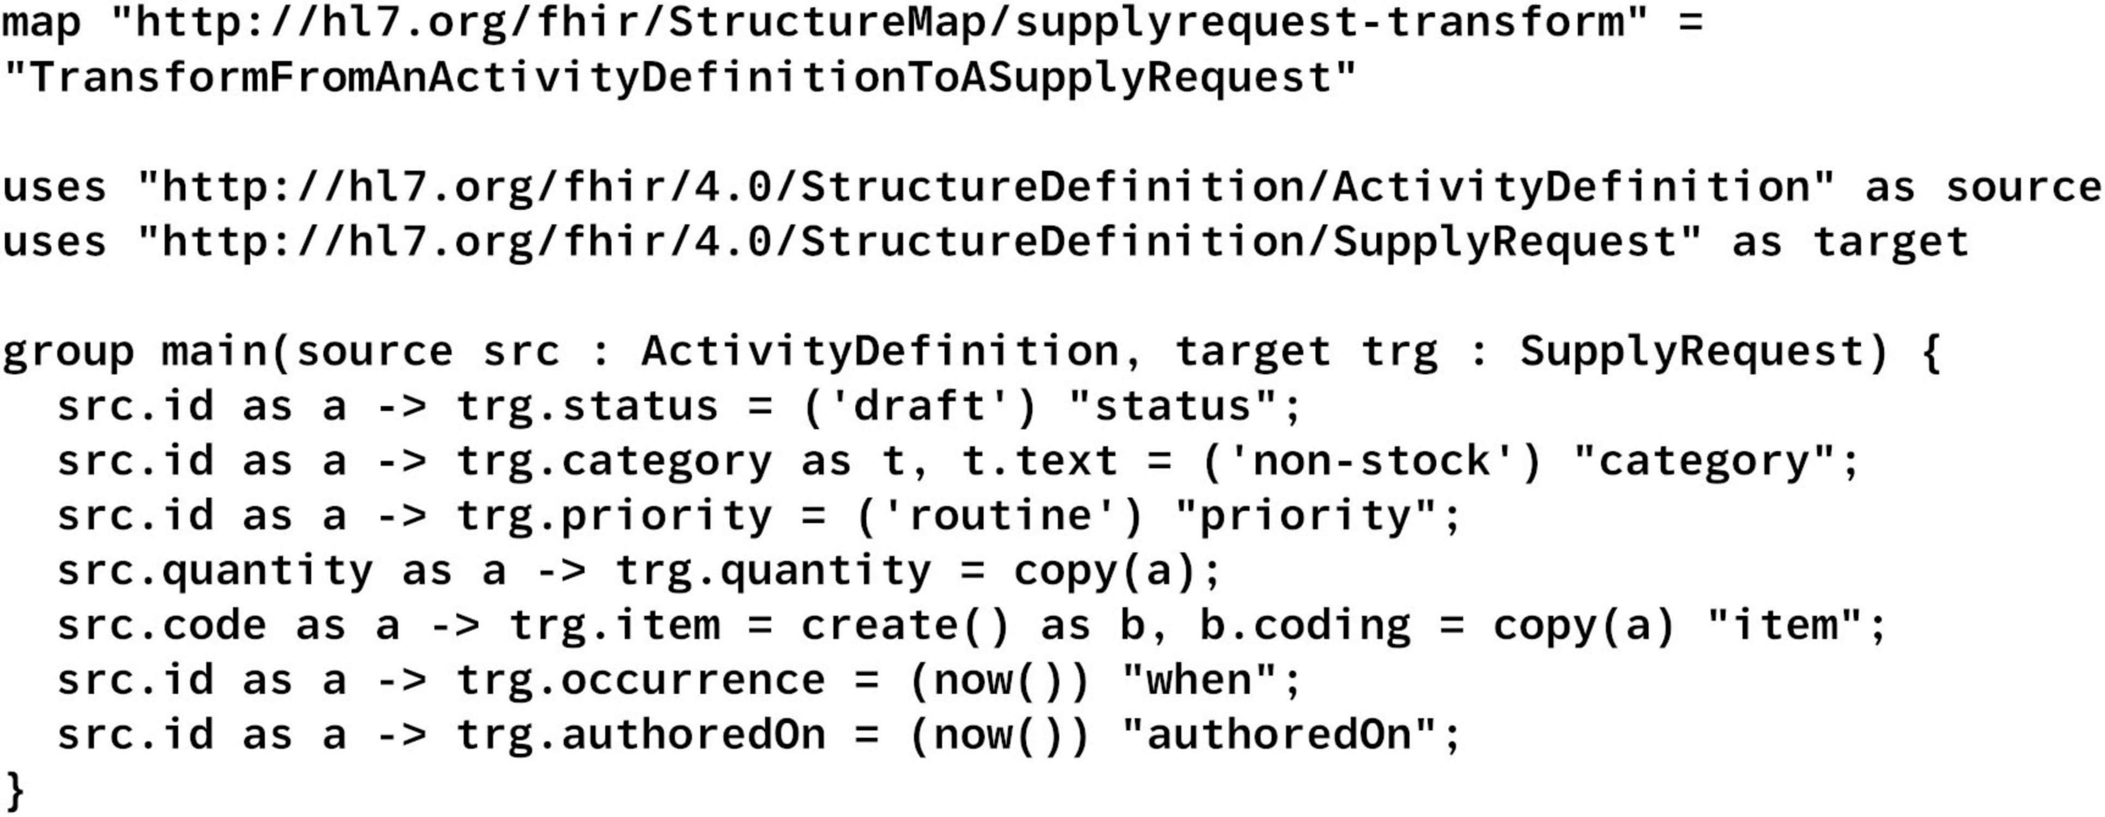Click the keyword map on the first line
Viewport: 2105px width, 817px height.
tap(41, 22)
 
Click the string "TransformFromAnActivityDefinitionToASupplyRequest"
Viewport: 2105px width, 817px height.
tap(678, 77)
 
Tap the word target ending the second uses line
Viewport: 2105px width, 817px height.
tap(1889, 242)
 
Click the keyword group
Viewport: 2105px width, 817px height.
tap(67, 352)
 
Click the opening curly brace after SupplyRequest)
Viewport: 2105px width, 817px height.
tap(1930, 352)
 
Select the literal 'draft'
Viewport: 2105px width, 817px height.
tap(920, 406)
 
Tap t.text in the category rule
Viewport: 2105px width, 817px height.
tap(1039, 461)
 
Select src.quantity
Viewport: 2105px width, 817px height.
tap(214, 570)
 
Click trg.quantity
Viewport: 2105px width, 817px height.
tap(773, 570)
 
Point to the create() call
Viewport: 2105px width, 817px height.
tap(905, 626)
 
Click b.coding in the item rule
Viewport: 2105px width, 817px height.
tap(1305, 626)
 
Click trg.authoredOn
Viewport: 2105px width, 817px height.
tap(640, 735)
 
